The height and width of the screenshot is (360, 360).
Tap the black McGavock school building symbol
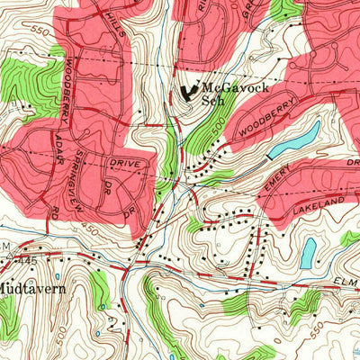coord(189,91)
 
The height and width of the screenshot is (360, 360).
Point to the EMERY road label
coord(278,185)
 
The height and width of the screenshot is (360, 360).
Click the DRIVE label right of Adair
coord(122,166)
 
